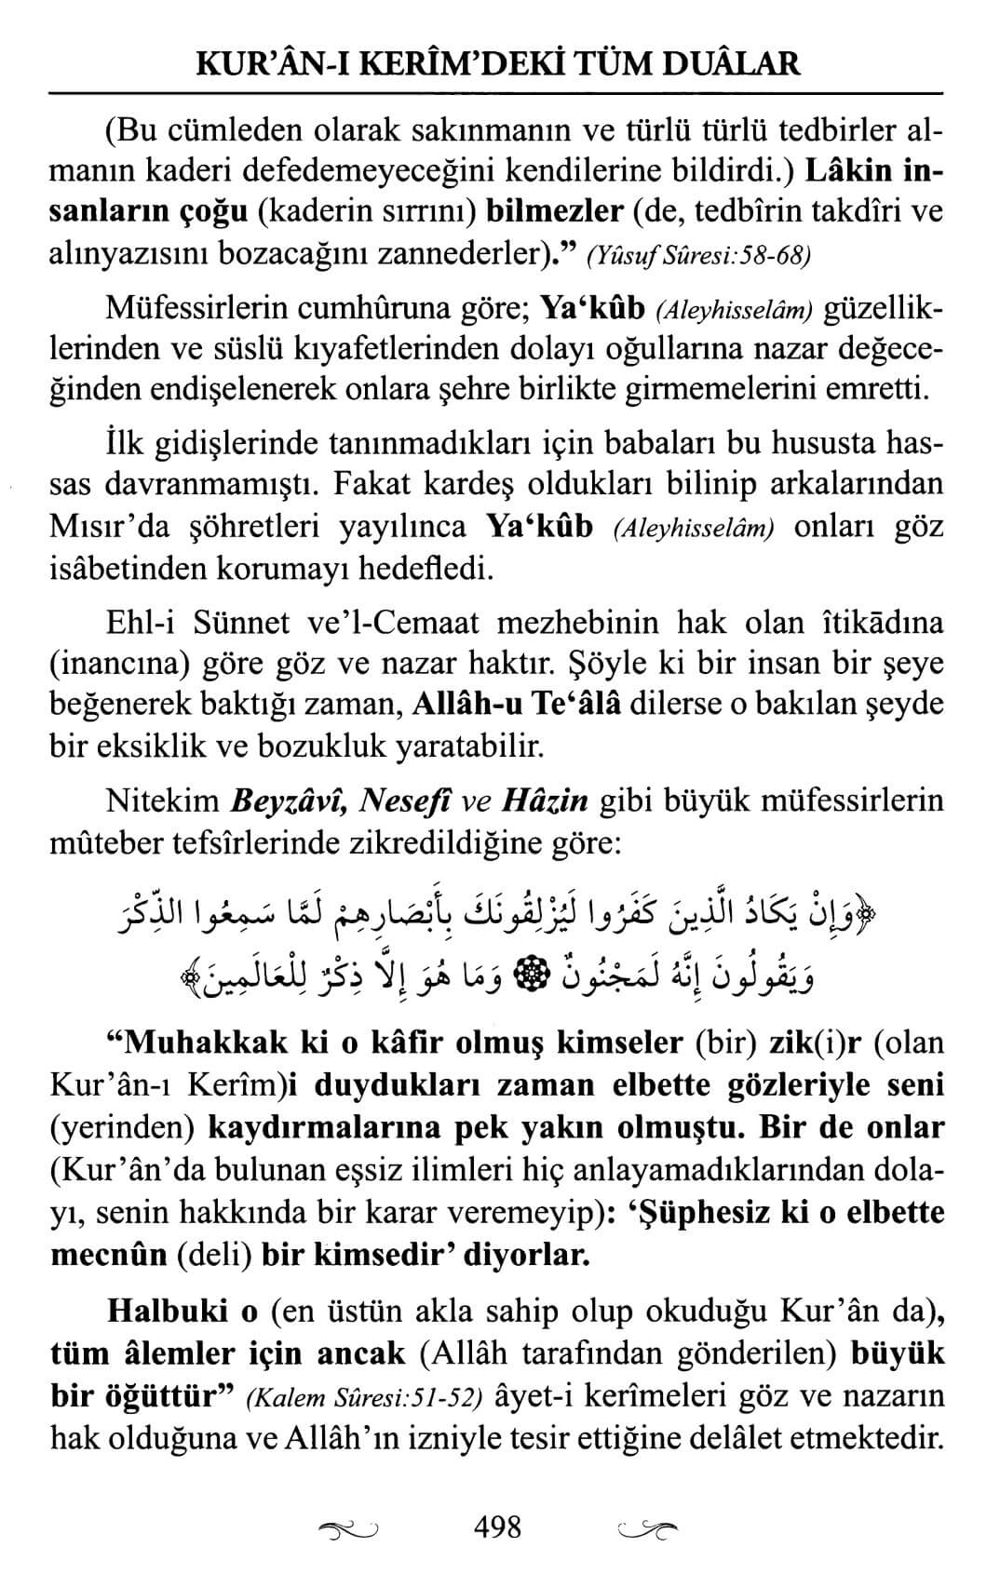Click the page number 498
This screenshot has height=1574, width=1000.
[x=498, y=1527]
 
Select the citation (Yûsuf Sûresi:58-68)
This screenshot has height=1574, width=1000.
[x=698, y=255]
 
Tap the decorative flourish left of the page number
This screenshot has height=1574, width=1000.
[x=347, y=1528]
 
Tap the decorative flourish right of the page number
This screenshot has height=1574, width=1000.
[x=648, y=1528]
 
